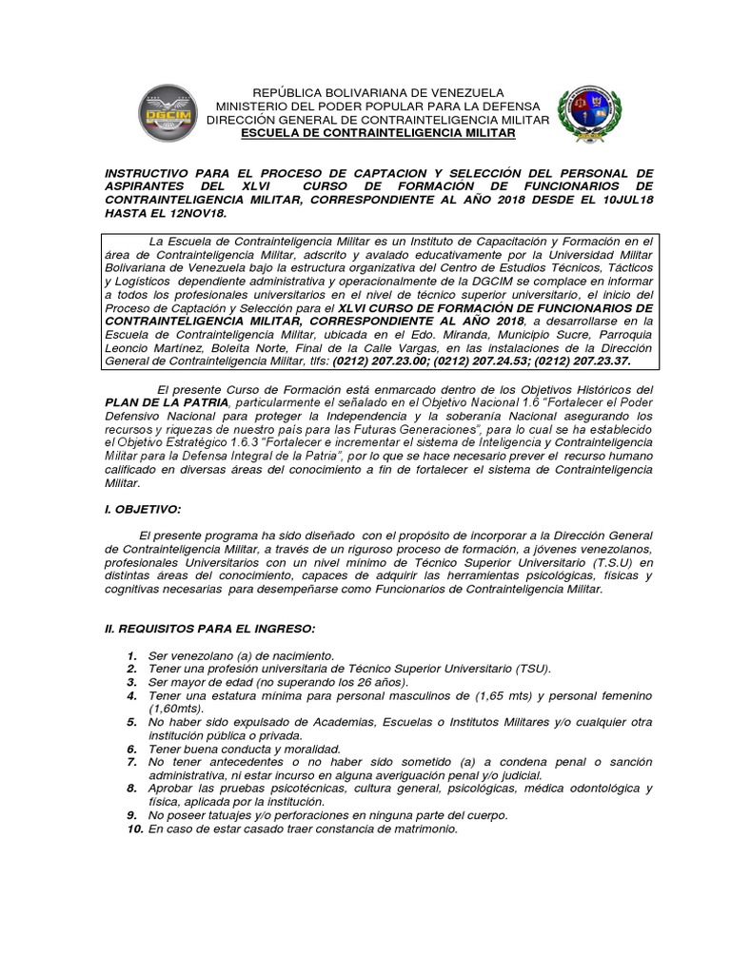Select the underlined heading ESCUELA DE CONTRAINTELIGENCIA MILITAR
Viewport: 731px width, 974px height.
pyautogui.click(x=378, y=134)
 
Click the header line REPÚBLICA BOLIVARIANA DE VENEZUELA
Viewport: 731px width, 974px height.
pyautogui.click(x=378, y=92)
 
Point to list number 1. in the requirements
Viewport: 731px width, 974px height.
pyautogui.click(x=130, y=656)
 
